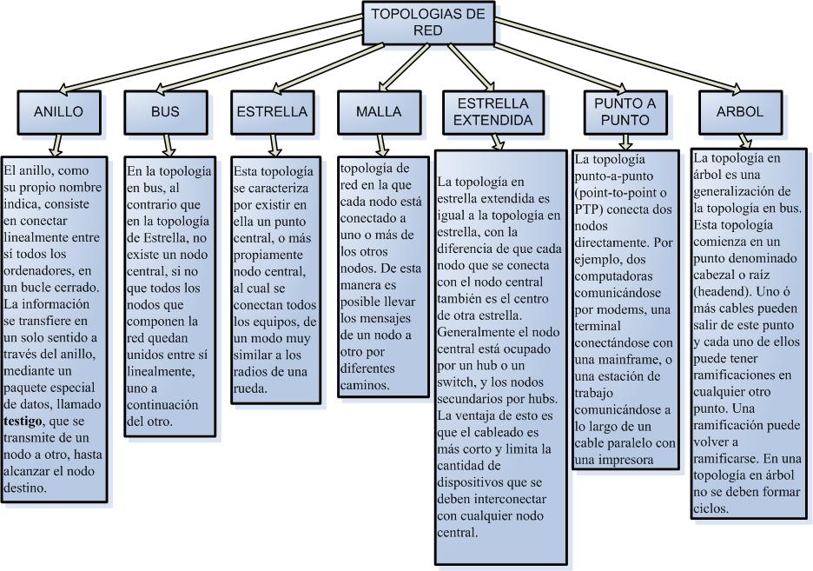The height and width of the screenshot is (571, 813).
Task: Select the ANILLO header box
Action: pyautogui.click(x=58, y=112)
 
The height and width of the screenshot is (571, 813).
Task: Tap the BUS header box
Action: pyautogui.click(x=165, y=112)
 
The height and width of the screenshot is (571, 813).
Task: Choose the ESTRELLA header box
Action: pyautogui.click(x=272, y=112)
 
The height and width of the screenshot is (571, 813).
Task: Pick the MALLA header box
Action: pyautogui.click(x=379, y=112)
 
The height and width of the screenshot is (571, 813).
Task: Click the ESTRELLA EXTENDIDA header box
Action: pyautogui.click(x=494, y=112)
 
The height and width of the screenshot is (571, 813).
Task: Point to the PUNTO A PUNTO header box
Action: pyautogui.click(x=625, y=112)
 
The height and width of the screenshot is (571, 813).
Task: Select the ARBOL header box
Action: pyautogui.click(x=740, y=112)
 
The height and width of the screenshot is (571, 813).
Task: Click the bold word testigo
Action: pyautogui.click(x=27, y=421)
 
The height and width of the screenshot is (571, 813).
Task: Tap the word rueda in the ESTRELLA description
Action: pyautogui.click(x=255, y=388)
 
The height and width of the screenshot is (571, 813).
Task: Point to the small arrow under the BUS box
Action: pyautogui.click(x=169, y=144)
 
